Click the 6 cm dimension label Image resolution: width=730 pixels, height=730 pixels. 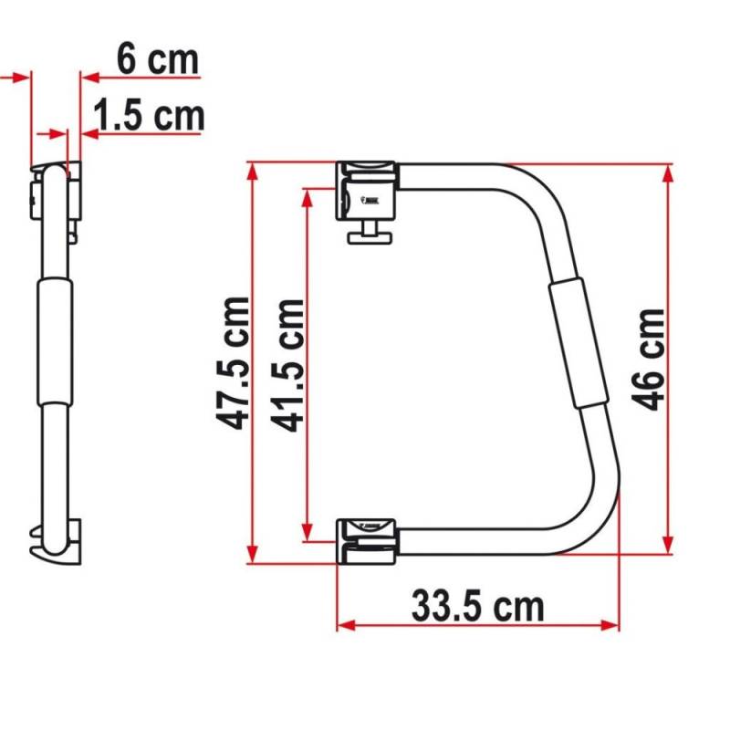[157, 60]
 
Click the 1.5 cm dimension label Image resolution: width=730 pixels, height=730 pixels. [148, 116]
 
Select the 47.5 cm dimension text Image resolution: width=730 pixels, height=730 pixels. [235, 362]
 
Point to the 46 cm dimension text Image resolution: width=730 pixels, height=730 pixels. [649, 359]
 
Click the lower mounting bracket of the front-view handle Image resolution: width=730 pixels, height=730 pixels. [368, 537]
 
